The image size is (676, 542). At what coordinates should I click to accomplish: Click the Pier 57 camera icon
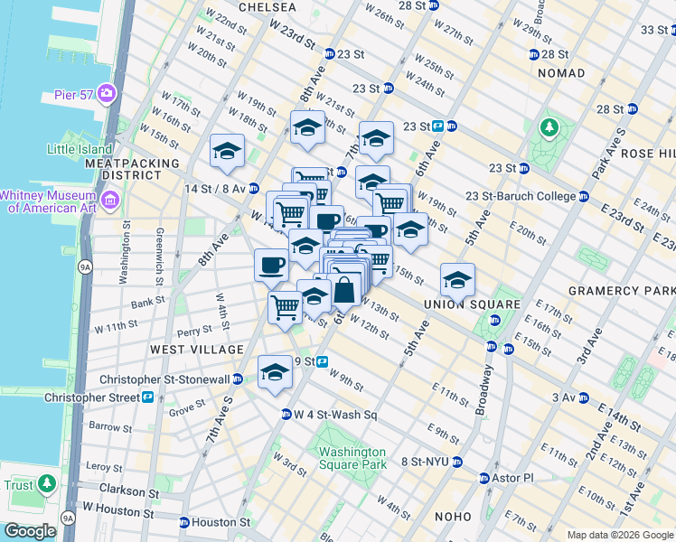(108, 92)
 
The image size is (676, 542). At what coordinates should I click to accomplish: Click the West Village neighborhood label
(196, 350)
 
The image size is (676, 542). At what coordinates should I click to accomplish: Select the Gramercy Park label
(622, 291)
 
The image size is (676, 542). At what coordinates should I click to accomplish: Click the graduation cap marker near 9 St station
(275, 371)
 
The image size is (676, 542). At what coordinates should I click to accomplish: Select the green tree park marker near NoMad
(549, 128)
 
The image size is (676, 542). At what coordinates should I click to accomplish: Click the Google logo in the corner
(31, 531)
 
